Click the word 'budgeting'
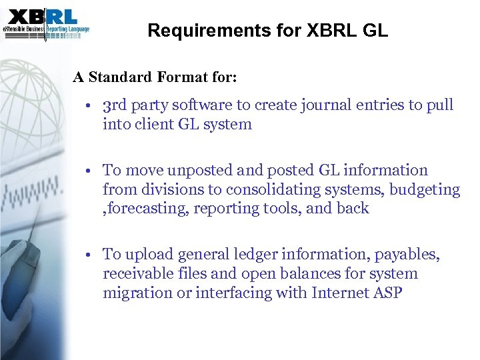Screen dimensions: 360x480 [x=425, y=189]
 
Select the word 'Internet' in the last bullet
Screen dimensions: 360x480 [x=339, y=292]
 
